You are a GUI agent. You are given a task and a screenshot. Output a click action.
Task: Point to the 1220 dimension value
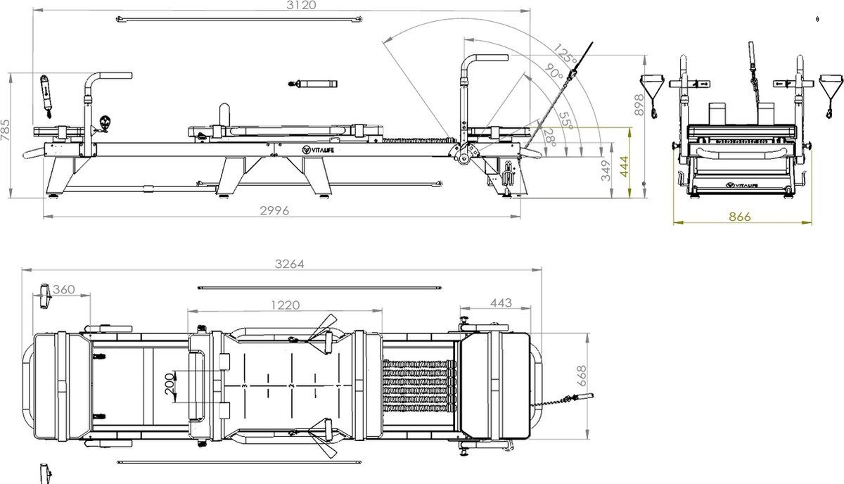pyautogui.click(x=285, y=305)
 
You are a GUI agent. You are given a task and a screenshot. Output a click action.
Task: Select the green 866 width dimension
pyautogui.click(x=739, y=217)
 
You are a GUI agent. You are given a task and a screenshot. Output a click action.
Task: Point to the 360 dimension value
pyautogui.click(x=64, y=290)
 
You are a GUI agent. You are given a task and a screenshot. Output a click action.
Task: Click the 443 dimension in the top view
pyautogui.click(x=500, y=302)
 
